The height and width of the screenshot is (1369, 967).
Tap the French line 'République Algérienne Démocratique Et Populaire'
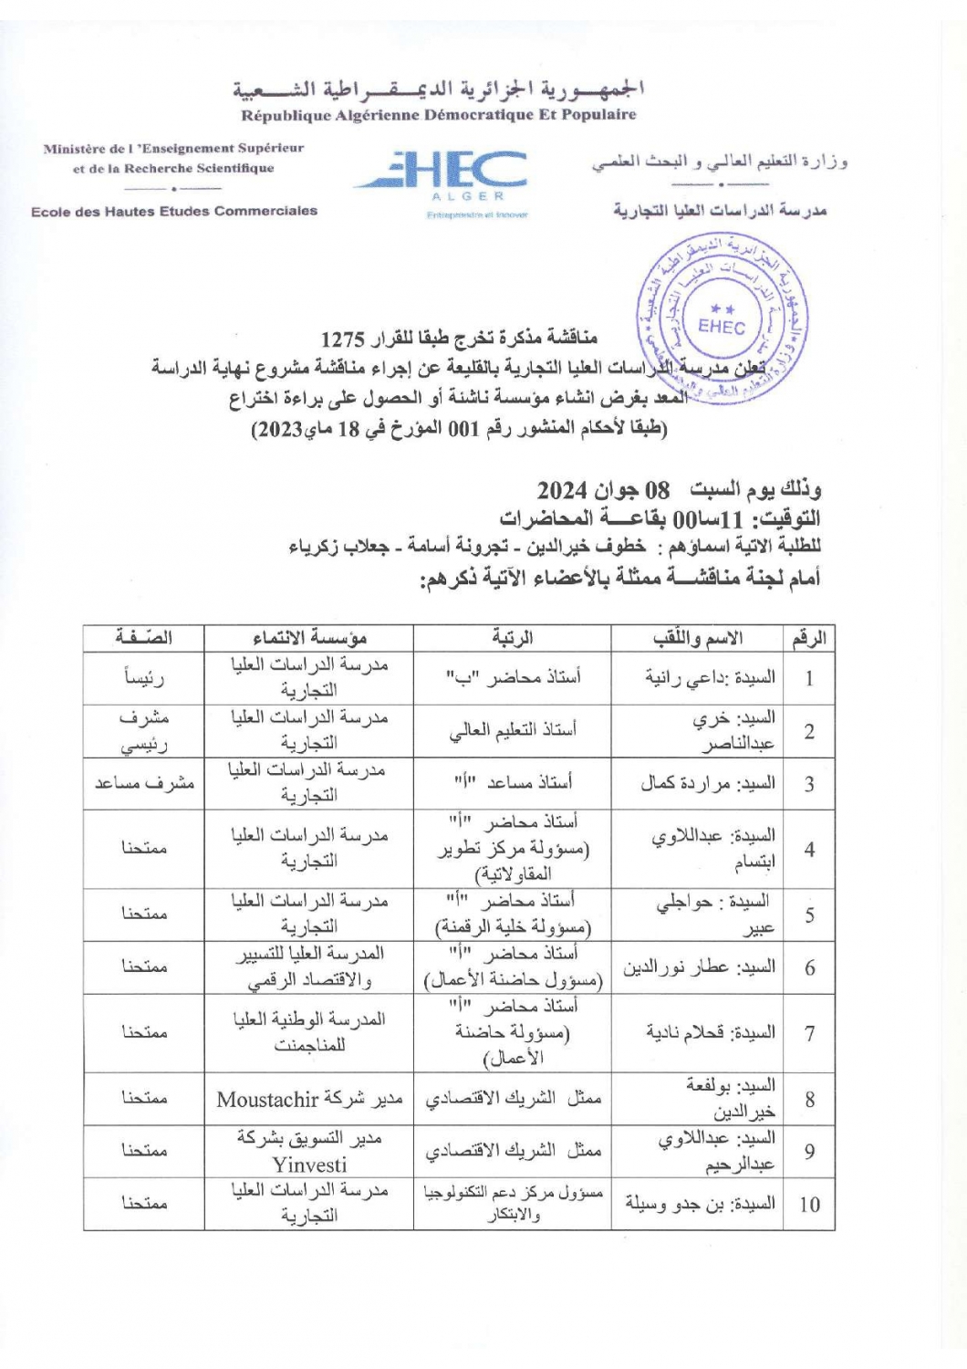tap(439, 115)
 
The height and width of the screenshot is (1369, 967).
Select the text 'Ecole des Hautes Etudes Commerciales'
tap(174, 211)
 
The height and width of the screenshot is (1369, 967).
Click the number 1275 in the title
tap(342, 339)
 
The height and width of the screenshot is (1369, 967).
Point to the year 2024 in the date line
tap(562, 490)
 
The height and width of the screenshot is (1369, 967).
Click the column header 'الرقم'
tap(808, 638)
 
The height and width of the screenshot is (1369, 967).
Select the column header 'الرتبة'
tap(512, 638)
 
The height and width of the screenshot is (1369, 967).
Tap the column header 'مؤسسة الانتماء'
tap(309, 638)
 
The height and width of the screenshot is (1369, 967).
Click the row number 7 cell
tap(809, 1033)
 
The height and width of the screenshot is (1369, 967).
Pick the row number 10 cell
tap(809, 1204)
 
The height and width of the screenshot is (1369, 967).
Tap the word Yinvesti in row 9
tap(309, 1165)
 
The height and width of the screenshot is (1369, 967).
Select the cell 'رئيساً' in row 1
tap(144, 677)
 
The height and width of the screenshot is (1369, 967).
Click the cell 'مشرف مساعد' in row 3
tap(144, 783)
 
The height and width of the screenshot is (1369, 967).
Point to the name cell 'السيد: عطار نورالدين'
tap(699, 967)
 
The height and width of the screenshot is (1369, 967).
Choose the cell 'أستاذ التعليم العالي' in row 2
tap(512, 730)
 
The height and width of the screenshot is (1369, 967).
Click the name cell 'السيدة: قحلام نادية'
tap(711, 1033)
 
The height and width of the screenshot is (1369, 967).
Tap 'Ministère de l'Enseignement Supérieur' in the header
tap(173, 148)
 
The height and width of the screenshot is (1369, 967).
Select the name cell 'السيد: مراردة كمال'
tap(707, 783)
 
